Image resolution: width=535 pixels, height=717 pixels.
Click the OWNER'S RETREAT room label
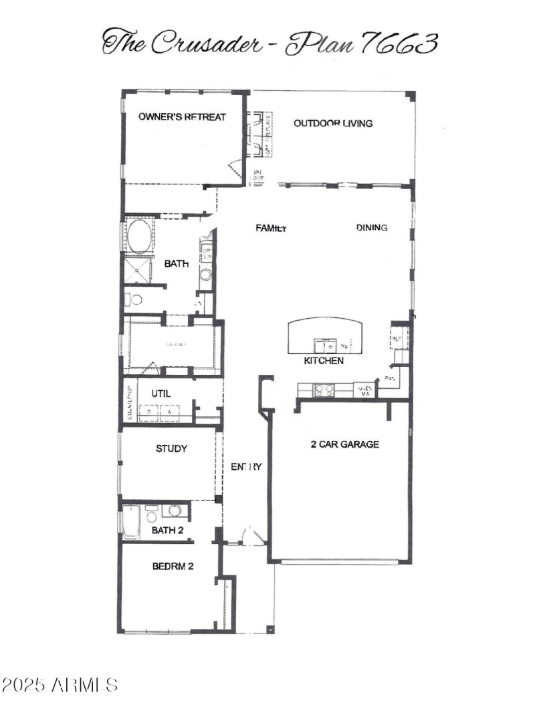[x=182, y=117]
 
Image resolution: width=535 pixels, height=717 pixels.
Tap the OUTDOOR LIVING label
[x=333, y=123]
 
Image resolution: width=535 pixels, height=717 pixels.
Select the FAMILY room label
[x=271, y=228]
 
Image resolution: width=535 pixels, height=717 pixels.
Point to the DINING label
[x=372, y=228]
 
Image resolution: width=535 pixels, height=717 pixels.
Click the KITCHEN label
[x=324, y=361]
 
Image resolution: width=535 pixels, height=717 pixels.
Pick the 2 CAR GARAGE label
[x=345, y=444]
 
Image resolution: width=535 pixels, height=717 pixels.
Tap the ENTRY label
[x=246, y=466]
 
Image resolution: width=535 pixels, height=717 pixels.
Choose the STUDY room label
[x=171, y=448]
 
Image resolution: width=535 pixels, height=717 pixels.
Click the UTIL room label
[x=160, y=394]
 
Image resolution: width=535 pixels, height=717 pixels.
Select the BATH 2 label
[x=167, y=530]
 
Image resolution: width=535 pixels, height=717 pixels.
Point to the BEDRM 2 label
[x=173, y=566]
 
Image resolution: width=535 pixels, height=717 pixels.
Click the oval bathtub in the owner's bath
[x=139, y=237]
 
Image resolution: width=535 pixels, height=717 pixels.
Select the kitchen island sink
[x=326, y=345]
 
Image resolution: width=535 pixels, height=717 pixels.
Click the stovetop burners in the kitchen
[x=324, y=390]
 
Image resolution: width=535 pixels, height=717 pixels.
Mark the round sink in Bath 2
[x=175, y=511]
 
